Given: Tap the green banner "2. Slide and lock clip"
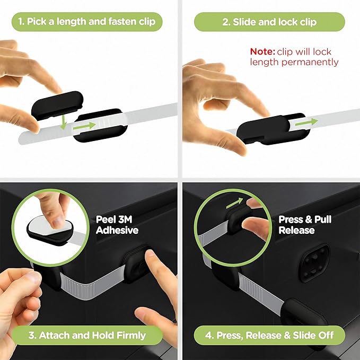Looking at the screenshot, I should [x=269, y=22].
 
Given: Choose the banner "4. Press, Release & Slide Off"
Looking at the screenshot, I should [x=269, y=335].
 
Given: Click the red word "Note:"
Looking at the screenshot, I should [x=262, y=51].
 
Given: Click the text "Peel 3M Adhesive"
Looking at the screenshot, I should [x=117, y=224].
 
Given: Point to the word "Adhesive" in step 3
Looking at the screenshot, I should [x=117, y=230].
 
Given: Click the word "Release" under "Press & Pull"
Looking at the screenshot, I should [x=296, y=230].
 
